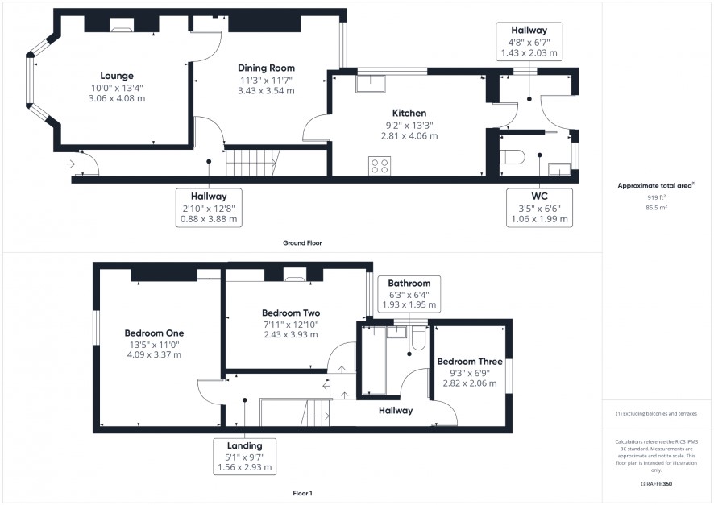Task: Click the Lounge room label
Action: pyautogui.click(x=117, y=76)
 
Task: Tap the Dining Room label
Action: pyautogui.click(x=266, y=68)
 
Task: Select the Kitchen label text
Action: pyautogui.click(x=409, y=113)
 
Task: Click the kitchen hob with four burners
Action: pyautogui.click(x=380, y=166)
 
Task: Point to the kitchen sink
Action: pyautogui.click(x=370, y=83)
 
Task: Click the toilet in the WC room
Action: pyautogui.click(x=512, y=157)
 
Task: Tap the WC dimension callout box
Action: pyautogui.click(x=539, y=208)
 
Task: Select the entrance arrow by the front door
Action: pyautogui.click(x=71, y=164)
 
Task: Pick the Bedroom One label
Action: pyautogui.click(x=154, y=333)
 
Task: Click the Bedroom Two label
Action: pyautogui.click(x=291, y=313)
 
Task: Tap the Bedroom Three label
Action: pyautogui.click(x=470, y=362)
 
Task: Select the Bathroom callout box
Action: pyautogui.click(x=409, y=294)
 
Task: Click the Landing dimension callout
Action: pyautogui.click(x=244, y=457)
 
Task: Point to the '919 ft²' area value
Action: pyautogui.click(x=656, y=197)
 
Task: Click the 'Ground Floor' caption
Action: pyautogui.click(x=302, y=243)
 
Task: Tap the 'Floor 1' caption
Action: pyautogui.click(x=302, y=493)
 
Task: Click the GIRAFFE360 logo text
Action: pyautogui.click(x=656, y=483)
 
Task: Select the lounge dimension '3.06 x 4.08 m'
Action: pyautogui.click(x=117, y=98)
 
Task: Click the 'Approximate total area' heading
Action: pyautogui.click(x=656, y=185)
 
